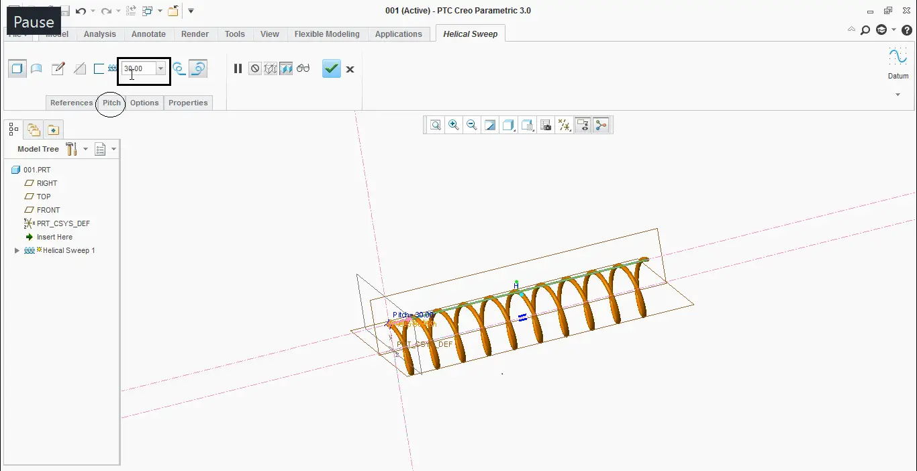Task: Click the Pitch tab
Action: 111,103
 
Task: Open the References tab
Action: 71,103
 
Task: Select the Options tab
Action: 144,103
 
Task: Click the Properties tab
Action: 188,103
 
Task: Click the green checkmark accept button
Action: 332,68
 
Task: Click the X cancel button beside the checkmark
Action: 350,69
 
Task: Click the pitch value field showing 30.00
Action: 138,68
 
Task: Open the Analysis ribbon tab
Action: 99,34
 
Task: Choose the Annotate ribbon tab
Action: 148,34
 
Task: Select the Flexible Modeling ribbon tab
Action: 327,34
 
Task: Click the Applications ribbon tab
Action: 398,34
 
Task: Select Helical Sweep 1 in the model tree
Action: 68,250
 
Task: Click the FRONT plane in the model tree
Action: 48,210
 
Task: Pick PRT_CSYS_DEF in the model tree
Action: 63,223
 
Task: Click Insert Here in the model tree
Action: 54,237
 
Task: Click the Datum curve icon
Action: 898,57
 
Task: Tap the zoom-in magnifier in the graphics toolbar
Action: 454,125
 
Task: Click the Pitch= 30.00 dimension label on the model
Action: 413,315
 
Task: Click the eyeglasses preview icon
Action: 303,68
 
